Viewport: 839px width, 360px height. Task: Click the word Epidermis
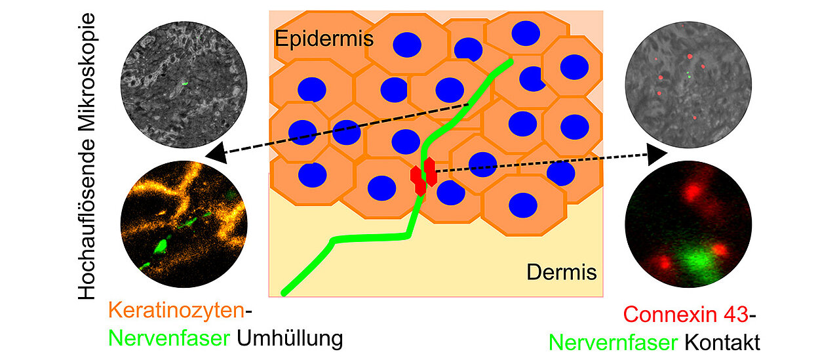324,39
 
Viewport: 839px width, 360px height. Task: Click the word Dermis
562,271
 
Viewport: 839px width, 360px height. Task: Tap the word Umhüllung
290,338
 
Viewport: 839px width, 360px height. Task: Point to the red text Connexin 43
685,314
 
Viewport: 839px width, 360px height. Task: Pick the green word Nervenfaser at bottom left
169,338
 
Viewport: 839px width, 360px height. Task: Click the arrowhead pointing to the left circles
213,155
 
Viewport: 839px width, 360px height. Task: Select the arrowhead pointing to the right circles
657,155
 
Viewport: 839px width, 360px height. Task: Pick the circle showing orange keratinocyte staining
184,222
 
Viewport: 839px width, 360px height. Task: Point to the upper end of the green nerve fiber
509,62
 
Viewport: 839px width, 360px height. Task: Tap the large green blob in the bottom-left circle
159,247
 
